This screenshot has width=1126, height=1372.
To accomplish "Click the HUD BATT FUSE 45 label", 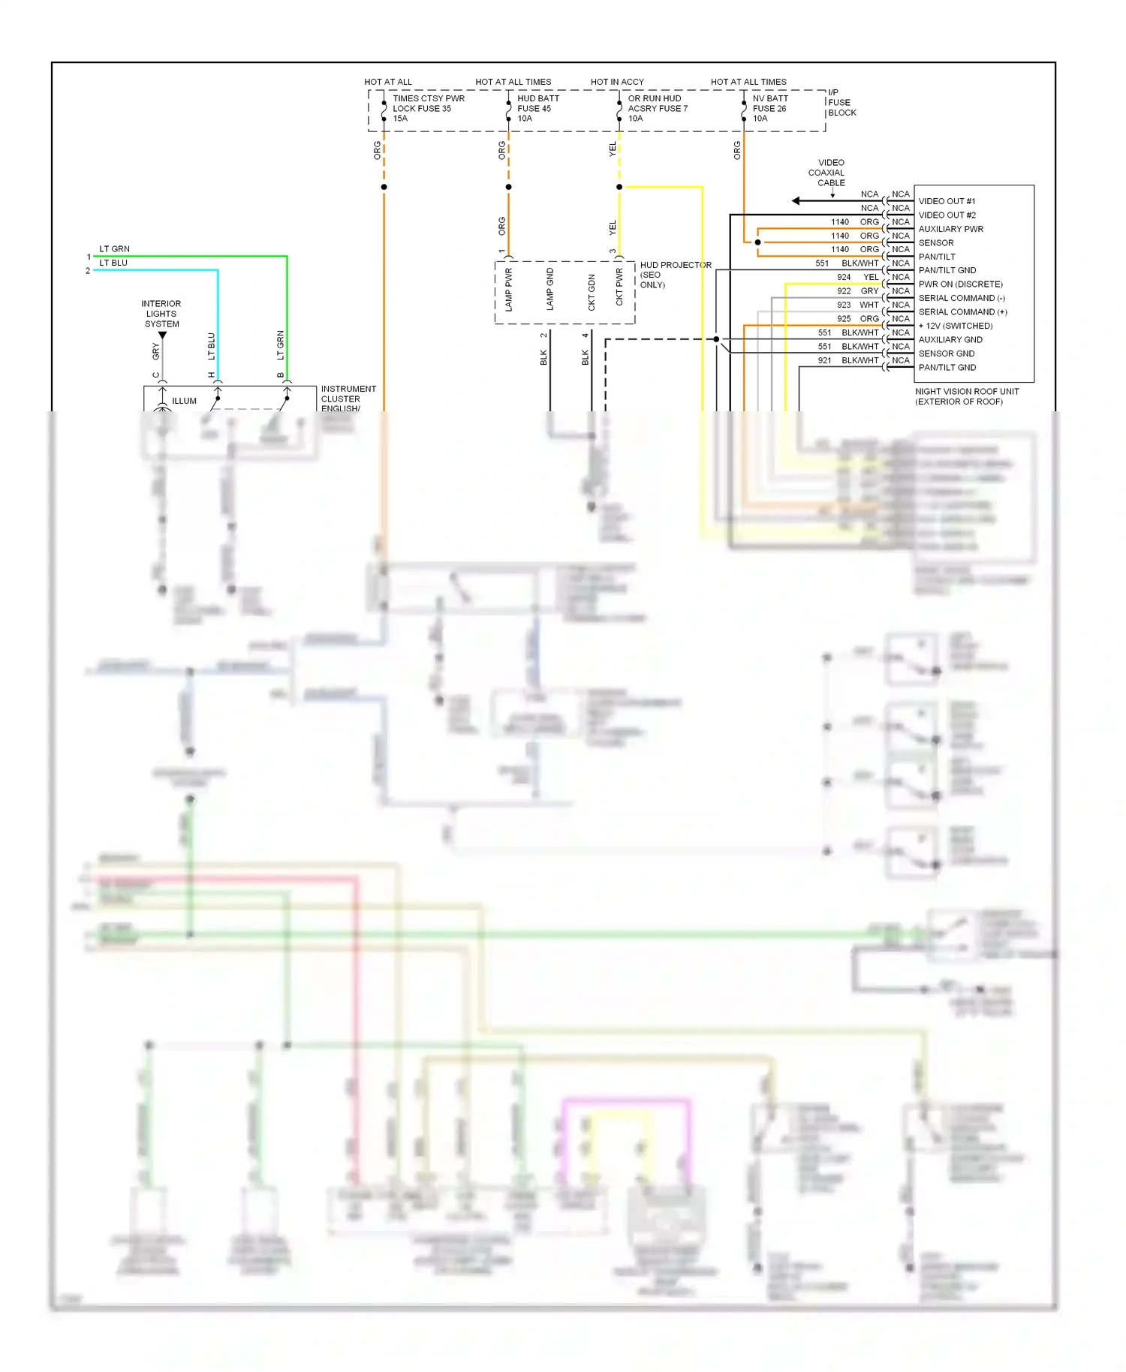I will point(537,108).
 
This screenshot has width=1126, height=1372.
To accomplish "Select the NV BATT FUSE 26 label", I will point(770,108).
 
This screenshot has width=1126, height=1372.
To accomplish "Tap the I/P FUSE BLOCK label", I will point(841,103).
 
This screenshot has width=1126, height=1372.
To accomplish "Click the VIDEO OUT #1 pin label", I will point(947,201).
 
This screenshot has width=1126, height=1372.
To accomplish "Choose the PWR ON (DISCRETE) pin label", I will point(960,284).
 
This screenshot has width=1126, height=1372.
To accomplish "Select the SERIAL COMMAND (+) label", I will point(962,312).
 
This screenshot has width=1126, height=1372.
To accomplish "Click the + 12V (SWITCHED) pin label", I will point(955,326).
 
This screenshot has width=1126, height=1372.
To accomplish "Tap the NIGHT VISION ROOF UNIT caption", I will point(966,396).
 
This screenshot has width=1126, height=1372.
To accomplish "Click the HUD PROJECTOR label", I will point(675,266).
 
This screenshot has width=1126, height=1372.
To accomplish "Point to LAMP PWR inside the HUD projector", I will point(509,290).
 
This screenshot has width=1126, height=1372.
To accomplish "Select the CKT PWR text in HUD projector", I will point(619,287).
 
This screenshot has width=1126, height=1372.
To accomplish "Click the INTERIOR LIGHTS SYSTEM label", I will point(161,314).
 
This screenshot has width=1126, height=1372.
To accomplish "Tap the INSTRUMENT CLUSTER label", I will point(348,394).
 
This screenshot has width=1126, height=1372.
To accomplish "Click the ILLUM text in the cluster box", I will point(184,401).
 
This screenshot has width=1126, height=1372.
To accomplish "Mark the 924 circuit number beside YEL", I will point(844,277).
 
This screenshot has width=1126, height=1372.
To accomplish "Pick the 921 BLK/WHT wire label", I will point(848,360).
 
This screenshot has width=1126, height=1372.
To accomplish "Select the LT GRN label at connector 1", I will point(114,249).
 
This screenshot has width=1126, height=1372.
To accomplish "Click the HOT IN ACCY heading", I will point(617,82).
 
